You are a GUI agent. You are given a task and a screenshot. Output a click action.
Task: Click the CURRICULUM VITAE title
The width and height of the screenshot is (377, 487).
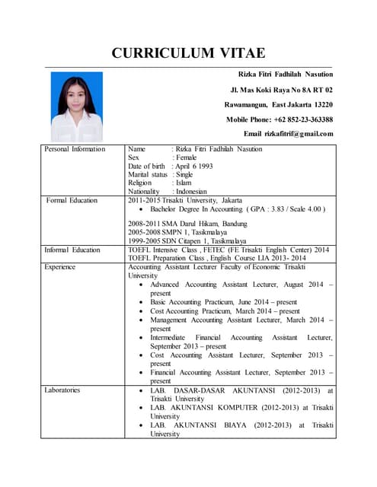(x=188, y=53)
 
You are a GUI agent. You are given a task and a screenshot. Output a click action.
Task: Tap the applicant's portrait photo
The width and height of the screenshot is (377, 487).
(x=77, y=107)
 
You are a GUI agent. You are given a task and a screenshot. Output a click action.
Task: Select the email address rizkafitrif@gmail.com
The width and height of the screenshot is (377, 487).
(x=288, y=134)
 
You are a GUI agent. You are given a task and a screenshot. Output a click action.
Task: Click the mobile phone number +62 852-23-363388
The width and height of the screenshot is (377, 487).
(x=279, y=119)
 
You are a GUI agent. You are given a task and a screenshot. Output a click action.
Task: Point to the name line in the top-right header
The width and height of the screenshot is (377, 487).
(x=286, y=75)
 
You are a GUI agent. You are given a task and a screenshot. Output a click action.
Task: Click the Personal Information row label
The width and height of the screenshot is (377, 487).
(x=75, y=149)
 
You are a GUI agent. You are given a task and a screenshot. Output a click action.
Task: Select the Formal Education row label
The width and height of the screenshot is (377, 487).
(x=72, y=200)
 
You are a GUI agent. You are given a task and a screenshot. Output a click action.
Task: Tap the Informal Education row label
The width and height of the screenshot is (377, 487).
(x=72, y=250)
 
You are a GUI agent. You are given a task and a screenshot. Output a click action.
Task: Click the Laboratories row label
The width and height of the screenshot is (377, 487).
(x=62, y=390)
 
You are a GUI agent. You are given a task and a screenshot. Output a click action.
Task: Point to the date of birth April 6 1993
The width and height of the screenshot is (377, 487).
(x=193, y=166)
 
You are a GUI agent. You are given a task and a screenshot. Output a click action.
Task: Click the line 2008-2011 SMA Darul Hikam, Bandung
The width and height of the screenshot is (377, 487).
(x=187, y=224)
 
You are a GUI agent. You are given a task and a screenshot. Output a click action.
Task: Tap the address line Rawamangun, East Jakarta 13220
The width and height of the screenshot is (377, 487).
(x=278, y=104)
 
